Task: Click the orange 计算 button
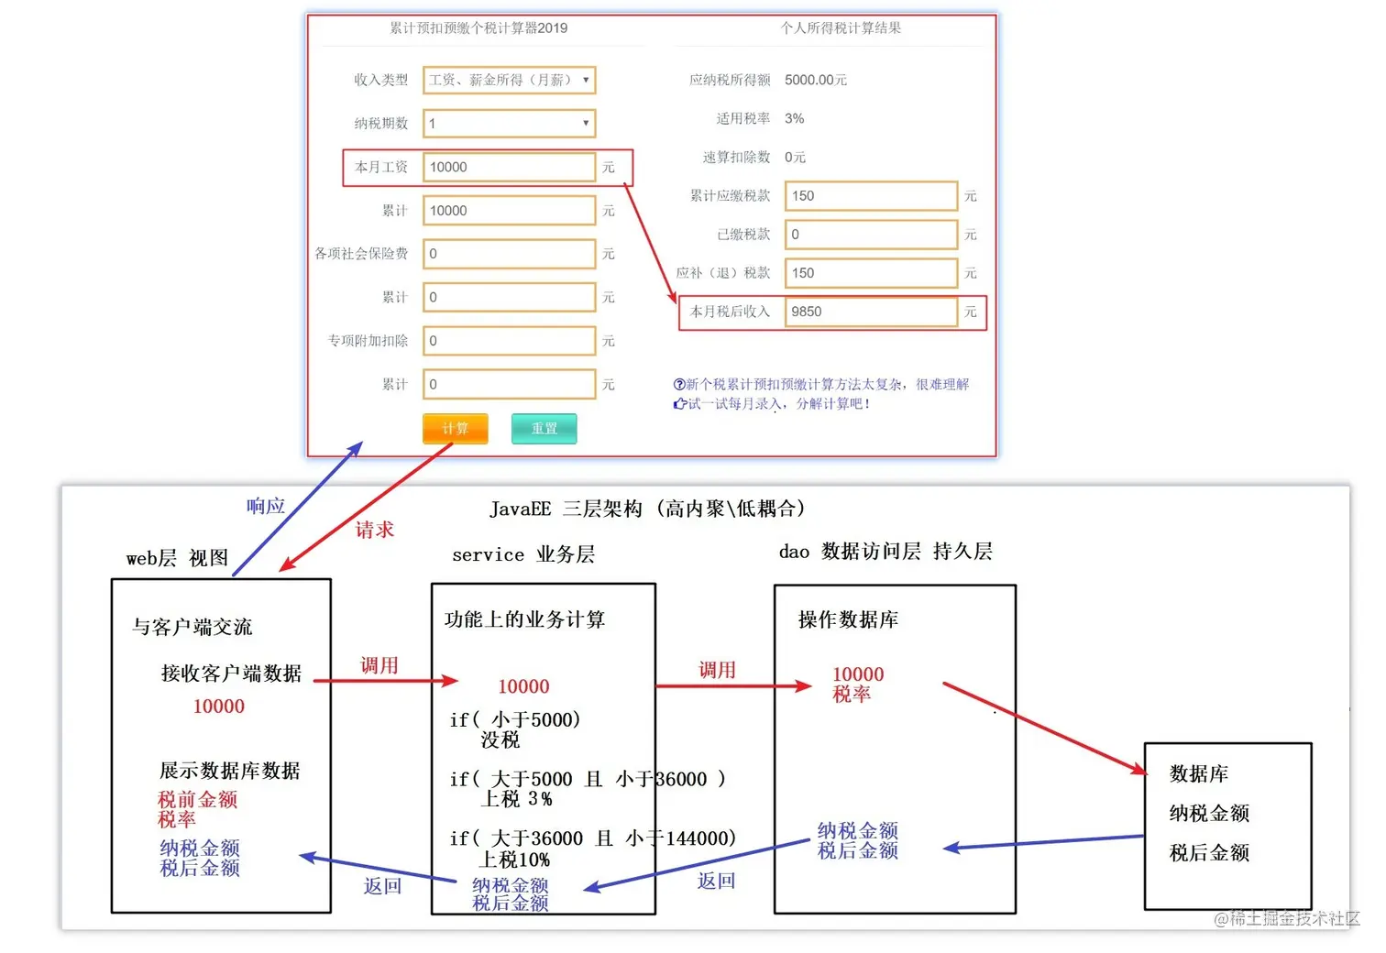[x=455, y=428]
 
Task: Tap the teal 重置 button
[x=544, y=428]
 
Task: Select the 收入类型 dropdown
[x=510, y=80]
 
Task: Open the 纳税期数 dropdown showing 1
[x=510, y=123]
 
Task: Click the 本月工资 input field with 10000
[x=510, y=167]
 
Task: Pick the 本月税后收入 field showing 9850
[x=871, y=312]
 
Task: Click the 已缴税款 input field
[x=871, y=235]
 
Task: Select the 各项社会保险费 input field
[x=510, y=254]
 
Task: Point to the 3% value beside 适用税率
[x=794, y=118]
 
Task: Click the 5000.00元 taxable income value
[x=815, y=80]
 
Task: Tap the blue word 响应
[x=266, y=506]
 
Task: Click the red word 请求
[x=374, y=530]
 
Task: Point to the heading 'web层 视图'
[x=178, y=558]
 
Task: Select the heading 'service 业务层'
[x=523, y=554]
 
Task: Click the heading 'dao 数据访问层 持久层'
[x=885, y=551]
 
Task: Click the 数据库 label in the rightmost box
[x=1198, y=773]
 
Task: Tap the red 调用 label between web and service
[x=379, y=665]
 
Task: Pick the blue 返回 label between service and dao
[x=716, y=881]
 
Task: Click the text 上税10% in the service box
[x=515, y=859]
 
